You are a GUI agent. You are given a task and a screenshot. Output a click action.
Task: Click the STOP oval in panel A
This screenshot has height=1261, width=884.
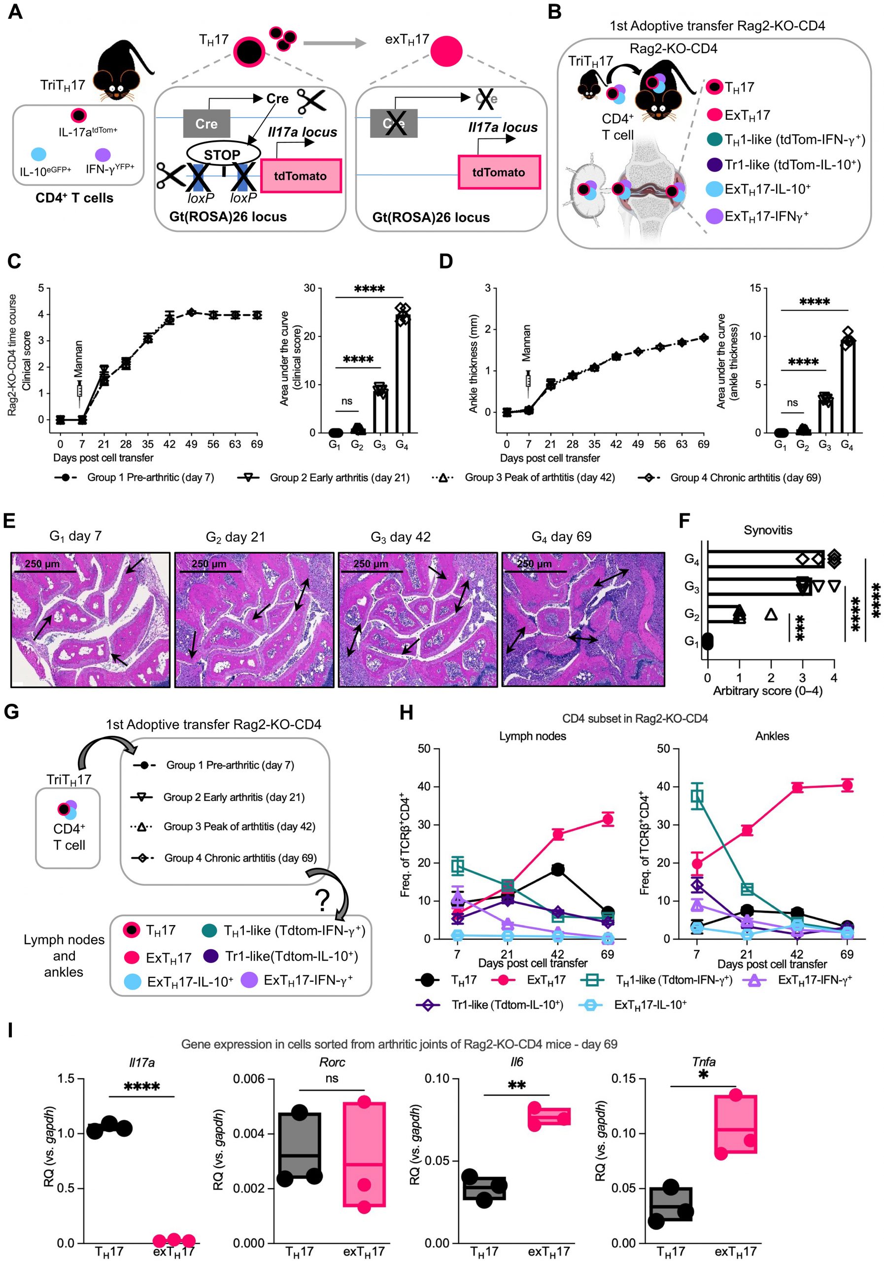coord(223,154)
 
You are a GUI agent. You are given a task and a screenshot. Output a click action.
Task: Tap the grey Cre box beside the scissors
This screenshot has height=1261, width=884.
coord(206,124)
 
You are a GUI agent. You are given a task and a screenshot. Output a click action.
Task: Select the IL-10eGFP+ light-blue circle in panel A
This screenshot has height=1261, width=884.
coord(39,154)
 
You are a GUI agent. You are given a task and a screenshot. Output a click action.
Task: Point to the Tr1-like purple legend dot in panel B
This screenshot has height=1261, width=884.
coord(714,164)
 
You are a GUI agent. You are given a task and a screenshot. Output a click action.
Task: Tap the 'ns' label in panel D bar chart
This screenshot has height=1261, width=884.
coord(792,402)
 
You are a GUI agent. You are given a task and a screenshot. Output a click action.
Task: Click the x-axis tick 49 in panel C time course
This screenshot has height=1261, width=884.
coord(191,444)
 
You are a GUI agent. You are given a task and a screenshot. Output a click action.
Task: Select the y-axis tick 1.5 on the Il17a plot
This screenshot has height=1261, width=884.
coord(66,1079)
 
